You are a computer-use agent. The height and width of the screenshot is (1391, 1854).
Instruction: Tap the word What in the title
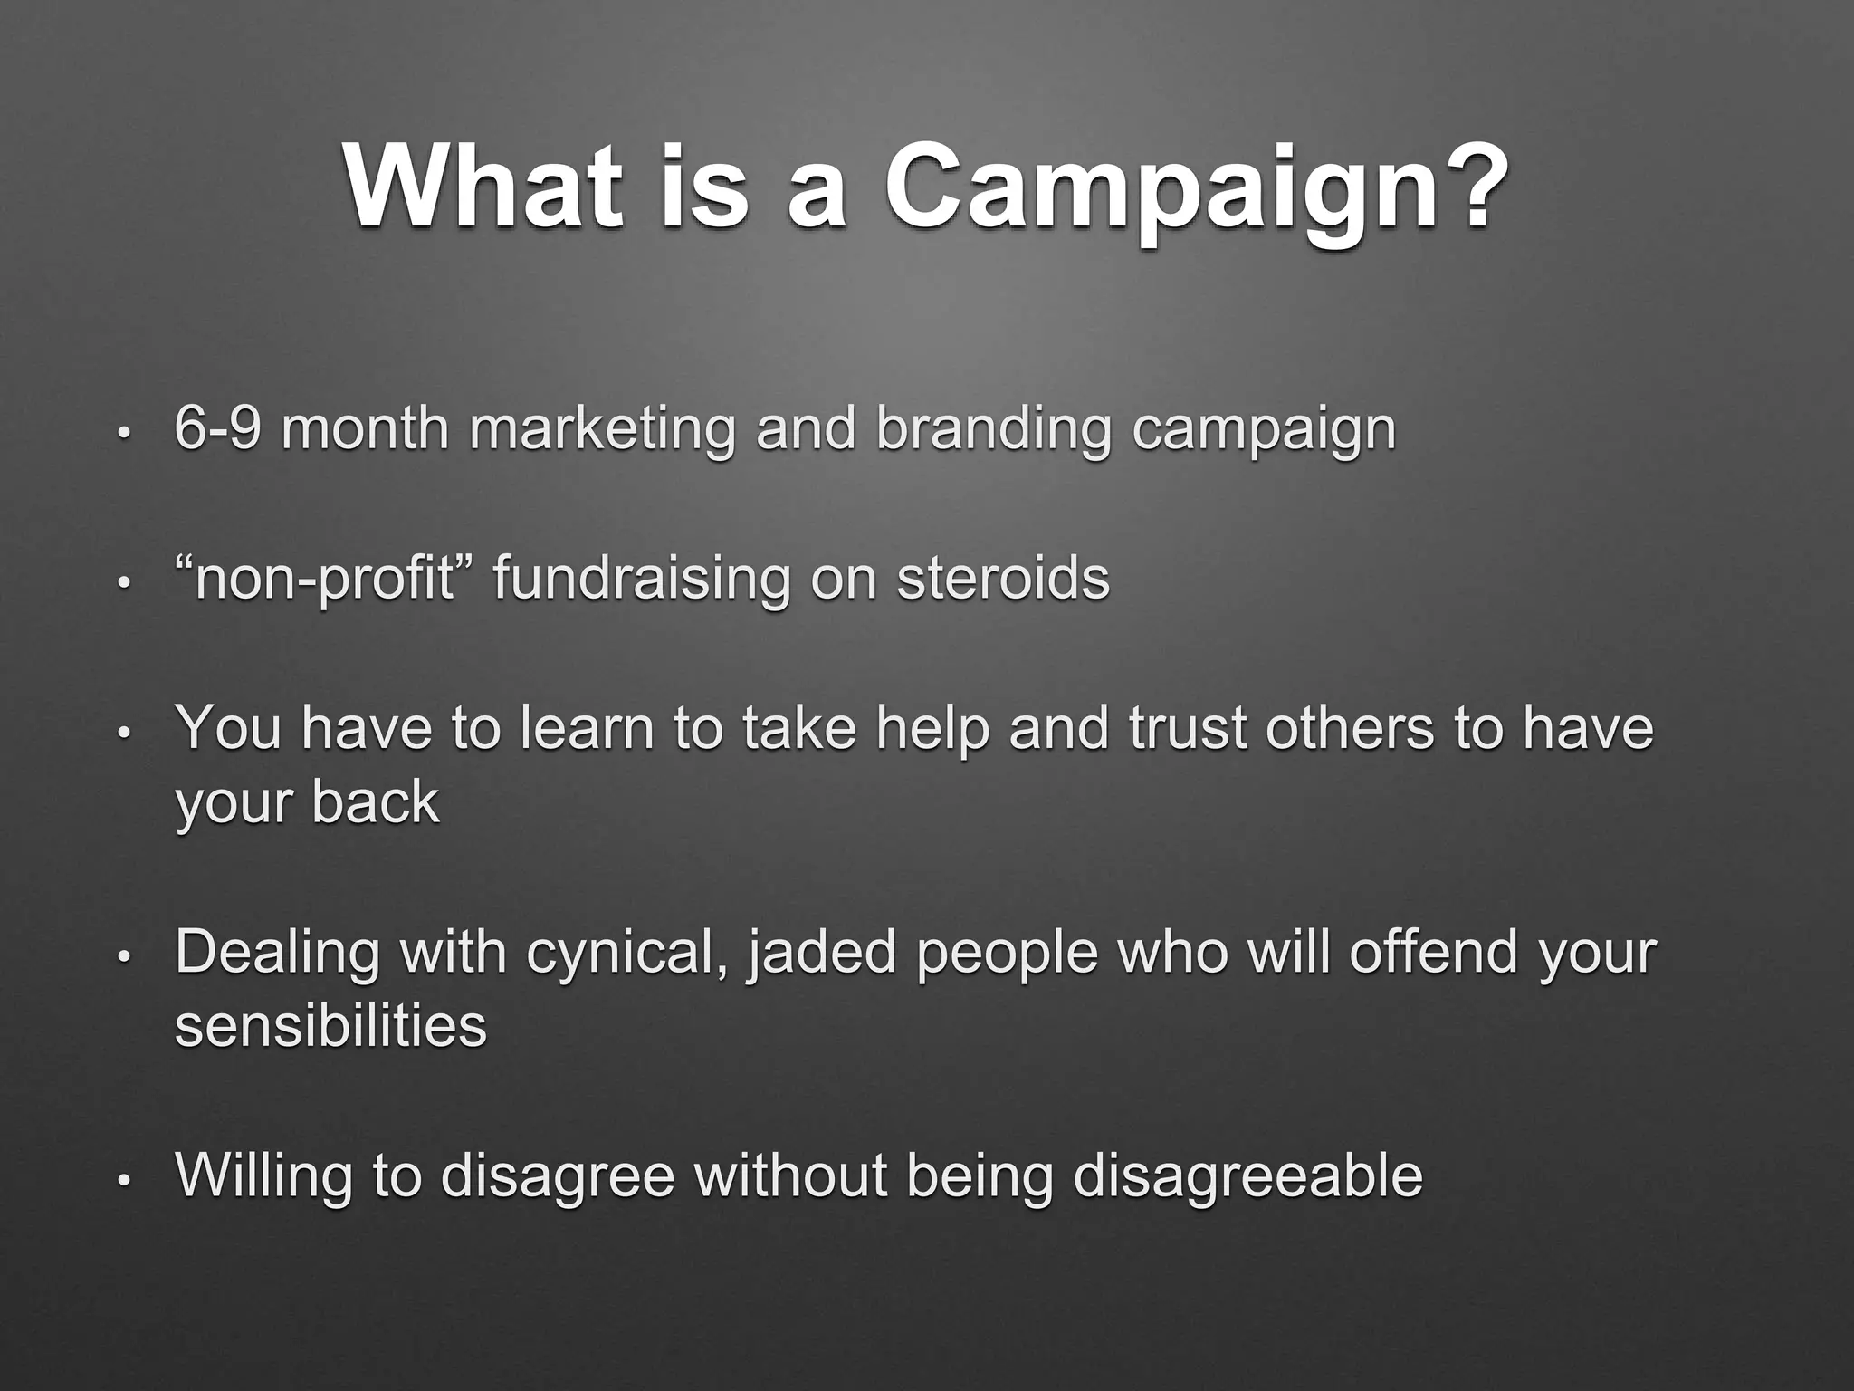(483, 187)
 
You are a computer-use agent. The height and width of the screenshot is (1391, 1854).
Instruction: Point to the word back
(375, 802)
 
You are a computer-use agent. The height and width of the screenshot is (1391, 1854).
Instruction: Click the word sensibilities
(330, 1026)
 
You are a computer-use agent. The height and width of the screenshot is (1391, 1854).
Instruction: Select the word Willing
(263, 1175)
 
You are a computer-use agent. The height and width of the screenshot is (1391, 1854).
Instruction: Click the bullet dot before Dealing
(126, 956)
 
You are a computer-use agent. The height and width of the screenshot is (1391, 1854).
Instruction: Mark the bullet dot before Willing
(126, 1180)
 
